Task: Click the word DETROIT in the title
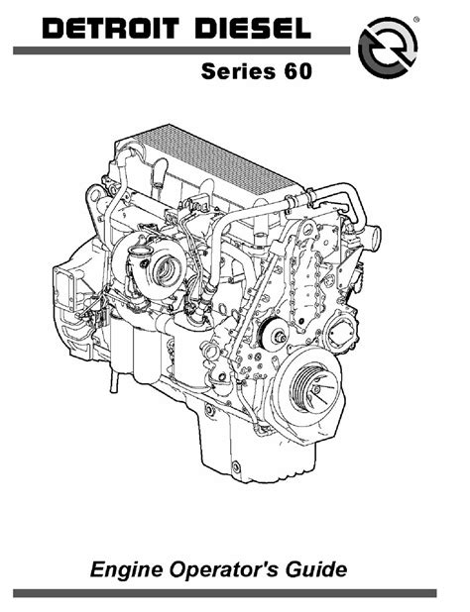click(111, 29)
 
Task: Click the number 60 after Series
click(298, 71)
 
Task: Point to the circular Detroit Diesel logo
click(388, 48)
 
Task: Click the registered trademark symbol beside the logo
click(416, 19)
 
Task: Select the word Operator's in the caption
click(224, 569)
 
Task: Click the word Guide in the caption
click(315, 569)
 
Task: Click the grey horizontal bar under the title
click(181, 51)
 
